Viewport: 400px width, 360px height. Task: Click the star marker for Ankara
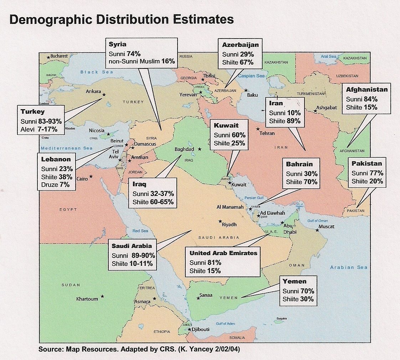tap(104, 95)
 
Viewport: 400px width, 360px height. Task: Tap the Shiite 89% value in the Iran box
tap(284, 121)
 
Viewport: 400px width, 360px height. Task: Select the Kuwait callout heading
tap(226, 126)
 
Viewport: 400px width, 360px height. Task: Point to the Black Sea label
tap(94, 72)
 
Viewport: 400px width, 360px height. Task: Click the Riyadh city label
tap(229, 224)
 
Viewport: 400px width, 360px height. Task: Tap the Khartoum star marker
tap(102, 296)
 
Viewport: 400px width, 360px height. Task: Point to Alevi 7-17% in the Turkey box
tap(39, 129)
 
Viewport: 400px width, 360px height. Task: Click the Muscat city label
tap(326, 227)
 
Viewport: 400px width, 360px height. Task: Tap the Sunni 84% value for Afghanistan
tap(361, 99)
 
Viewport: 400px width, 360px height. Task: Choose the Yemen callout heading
tap(294, 282)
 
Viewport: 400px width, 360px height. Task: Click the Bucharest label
tap(59, 56)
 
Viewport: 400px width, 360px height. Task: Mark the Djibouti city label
tap(200, 329)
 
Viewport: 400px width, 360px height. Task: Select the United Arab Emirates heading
tap(223, 253)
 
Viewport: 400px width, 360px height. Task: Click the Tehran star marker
tap(258, 129)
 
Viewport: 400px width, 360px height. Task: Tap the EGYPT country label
tap(68, 209)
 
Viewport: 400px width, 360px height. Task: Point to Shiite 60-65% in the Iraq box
tap(153, 202)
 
